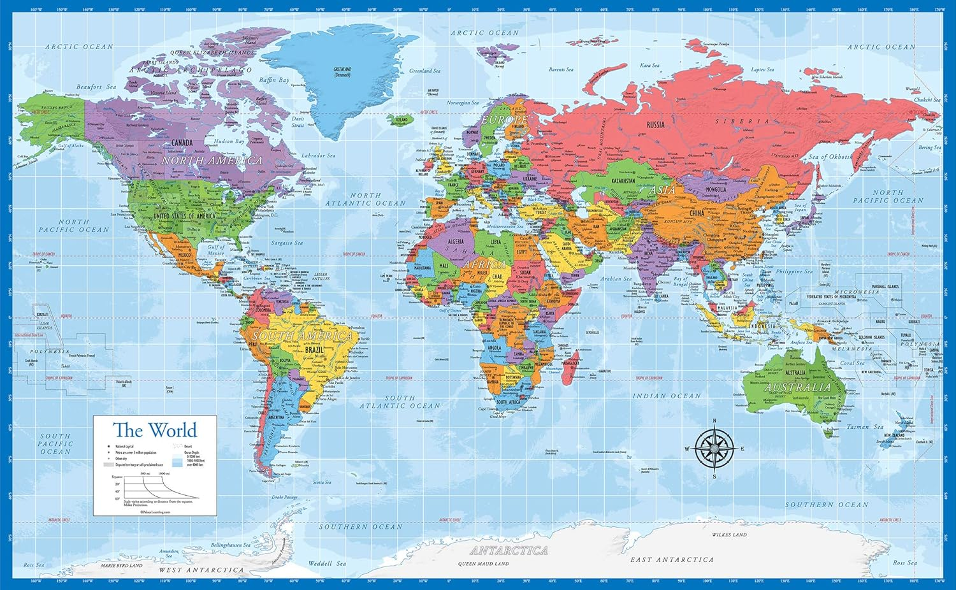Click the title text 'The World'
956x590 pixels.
[x=155, y=430]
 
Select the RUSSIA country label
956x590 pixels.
[x=655, y=125]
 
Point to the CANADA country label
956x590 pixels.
[x=182, y=143]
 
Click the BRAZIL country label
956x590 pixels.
[x=314, y=350]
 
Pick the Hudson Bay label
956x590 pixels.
[x=229, y=141]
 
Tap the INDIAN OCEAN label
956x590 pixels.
[x=666, y=396]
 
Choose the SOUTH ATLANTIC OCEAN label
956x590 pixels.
[x=400, y=401]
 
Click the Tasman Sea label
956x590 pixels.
[x=865, y=427]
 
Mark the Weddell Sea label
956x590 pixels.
[x=327, y=563]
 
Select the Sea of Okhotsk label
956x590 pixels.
[x=830, y=157]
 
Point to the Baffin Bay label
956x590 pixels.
[x=274, y=80]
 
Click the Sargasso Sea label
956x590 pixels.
[x=287, y=243]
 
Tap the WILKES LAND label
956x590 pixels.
[x=729, y=535]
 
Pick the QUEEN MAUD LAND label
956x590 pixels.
[x=483, y=564]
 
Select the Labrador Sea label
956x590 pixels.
[x=318, y=155]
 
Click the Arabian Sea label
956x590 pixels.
[x=616, y=278]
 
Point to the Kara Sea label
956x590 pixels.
[x=649, y=66]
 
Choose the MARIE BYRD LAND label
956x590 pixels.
[x=121, y=565]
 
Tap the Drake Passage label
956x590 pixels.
[x=284, y=497]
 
